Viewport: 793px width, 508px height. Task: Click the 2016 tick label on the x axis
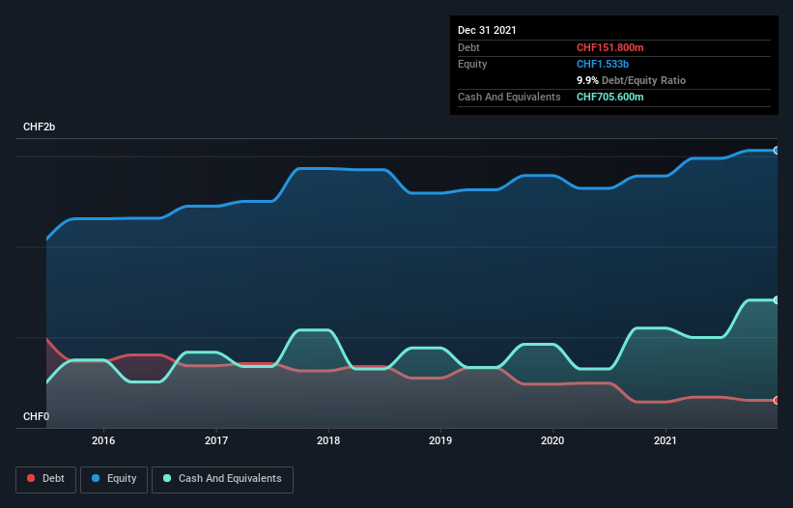[103, 440]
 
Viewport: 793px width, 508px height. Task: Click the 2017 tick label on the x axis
[216, 440]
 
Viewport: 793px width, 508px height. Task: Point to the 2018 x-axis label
[328, 440]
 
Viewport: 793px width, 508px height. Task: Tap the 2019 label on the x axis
[440, 440]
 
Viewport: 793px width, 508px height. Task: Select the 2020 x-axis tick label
[552, 440]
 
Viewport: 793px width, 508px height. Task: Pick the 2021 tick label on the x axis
[666, 440]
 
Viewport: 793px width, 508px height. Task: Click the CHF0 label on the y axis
[37, 416]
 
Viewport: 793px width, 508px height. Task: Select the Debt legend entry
[46, 479]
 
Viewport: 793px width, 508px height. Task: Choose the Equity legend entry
[114, 479]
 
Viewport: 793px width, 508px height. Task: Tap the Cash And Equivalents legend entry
[222, 479]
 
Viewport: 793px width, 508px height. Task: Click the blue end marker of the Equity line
[777, 151]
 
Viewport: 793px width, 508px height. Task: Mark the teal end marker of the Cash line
[777, 300]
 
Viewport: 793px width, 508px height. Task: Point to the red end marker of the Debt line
[777, 400]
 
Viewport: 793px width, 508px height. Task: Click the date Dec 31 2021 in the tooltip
[487, 30]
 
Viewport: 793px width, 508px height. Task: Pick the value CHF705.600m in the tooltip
[609, 98]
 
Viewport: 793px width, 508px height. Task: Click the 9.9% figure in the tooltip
[588, 80]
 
